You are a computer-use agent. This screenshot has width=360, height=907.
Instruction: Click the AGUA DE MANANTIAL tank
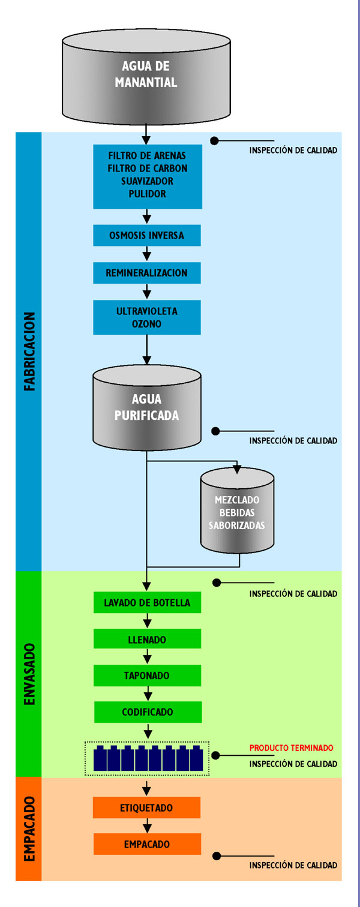coord(146,75)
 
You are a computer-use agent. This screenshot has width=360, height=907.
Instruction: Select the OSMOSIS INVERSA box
coord(146,235)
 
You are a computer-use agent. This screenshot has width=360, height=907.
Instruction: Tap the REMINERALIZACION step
coord(146,273)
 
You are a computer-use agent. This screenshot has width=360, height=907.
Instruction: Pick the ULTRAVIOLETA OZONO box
coord(146,317)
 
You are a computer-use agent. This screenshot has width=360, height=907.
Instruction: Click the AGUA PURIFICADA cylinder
coord(146,408)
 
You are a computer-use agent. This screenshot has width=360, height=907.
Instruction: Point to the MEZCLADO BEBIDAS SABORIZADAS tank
coord(237,513)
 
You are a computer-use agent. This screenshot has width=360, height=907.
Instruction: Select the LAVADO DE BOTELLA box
coord(147,603)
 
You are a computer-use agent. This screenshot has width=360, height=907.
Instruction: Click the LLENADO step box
coord(147,639)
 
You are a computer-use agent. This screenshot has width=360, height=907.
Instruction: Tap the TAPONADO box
coord(147,675)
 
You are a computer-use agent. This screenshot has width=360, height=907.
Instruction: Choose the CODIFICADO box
coord(148,712)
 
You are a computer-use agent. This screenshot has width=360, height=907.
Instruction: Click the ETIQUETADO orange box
coord(146,808)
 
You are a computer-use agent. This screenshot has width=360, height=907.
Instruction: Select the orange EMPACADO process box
coord(146,845)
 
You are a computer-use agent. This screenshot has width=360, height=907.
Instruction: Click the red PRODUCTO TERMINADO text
coord(291,748)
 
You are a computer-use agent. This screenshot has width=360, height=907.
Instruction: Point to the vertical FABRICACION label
coord(29,352)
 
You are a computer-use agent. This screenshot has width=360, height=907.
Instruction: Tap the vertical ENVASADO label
coord(29,674)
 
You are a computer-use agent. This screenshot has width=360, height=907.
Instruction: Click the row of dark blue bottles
coord(147,759)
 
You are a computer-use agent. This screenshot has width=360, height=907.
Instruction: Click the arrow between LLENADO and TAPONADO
coord(147,657)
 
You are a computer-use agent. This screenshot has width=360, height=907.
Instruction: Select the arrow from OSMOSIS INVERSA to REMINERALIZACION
coord(147,254)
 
